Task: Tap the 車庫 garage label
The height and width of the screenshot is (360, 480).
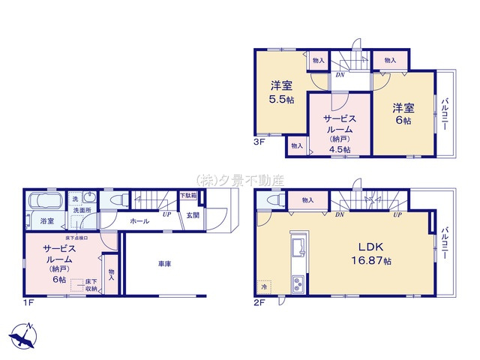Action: (x=164, y=264)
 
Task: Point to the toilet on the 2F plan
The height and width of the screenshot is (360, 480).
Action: (x=272, y=201)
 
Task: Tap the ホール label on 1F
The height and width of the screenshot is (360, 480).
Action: (x=139, y=221)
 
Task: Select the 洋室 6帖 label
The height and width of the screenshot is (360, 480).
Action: (x=402, y=115)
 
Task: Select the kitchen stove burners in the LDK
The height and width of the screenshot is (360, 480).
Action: (x=297, y=283)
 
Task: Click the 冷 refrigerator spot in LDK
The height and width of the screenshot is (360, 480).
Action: (x=265, y=286)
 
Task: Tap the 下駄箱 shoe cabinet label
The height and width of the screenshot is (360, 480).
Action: (x=189, y=196)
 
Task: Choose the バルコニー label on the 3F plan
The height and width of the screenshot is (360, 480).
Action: (x=445, y=113)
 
